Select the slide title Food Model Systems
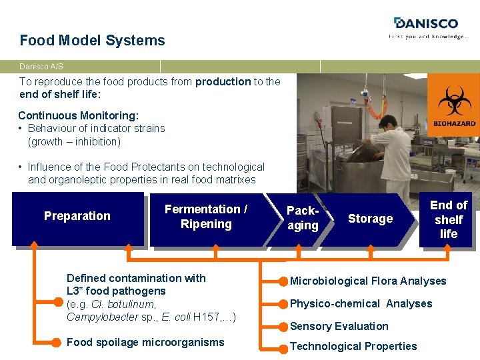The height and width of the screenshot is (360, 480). pos(92,40)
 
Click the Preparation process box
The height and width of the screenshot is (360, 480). pos(77,216)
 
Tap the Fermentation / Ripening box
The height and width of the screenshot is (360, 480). pos(205,217)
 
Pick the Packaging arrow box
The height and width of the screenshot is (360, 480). pos(302,218)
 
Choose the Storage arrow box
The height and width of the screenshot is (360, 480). pos(370,219)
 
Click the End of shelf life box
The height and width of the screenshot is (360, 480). pos(448,219)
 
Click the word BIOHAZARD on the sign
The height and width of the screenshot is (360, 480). pos(454,124)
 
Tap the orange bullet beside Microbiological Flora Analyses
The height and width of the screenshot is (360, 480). pos(283,281)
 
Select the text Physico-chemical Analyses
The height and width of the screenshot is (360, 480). pos(361,303)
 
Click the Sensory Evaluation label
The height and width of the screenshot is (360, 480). pos(339,326)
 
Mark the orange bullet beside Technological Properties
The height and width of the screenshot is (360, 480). pos(283,346)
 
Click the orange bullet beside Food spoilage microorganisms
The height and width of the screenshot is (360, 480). pos(57,343)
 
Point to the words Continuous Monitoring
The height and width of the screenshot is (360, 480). pos(78,115)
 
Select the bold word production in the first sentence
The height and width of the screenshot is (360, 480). pos(223,81)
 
